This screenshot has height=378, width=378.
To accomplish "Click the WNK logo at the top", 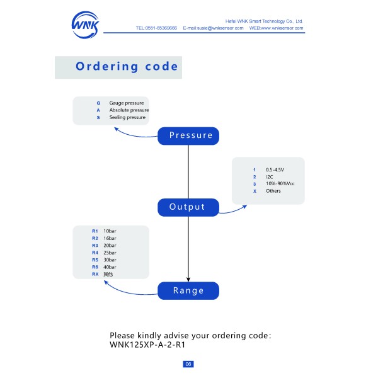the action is [x=85, y=25].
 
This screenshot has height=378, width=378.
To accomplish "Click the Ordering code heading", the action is [x=127, y=66].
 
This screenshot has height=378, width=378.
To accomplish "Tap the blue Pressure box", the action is [x=188, y=136].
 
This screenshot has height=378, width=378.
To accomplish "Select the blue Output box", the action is [x=188, y=207].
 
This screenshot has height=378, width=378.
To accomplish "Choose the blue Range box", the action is [x=188, y=290].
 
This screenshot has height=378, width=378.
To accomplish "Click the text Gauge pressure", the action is [x=127, y=103].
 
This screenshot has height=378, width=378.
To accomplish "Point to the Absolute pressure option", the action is [x=129, y=110].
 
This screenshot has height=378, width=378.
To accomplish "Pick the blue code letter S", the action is [x=98, y=117].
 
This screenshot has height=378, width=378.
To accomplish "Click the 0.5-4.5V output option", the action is [x=275, y=169].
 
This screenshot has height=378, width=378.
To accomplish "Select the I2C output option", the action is [x=269, y=176].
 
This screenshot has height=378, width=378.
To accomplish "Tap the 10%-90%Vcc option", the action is [x=280, y=184].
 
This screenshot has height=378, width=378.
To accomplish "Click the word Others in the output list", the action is [x=273, y=191].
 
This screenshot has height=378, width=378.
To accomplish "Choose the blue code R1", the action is [x=95, y=231].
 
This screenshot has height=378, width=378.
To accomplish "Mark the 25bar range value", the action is [x=110, y=253].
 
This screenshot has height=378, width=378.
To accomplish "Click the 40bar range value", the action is [x=110, y=267].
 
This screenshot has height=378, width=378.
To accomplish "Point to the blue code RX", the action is [x=95, y=274].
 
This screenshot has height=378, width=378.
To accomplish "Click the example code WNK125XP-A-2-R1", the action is [x=147, y=345].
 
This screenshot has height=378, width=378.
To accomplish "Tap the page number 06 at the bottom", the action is [x=188, y=364].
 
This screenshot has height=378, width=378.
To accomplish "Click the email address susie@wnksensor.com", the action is [x=220, y=28].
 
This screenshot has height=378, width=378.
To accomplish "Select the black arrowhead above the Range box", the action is [x=188, y=279].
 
